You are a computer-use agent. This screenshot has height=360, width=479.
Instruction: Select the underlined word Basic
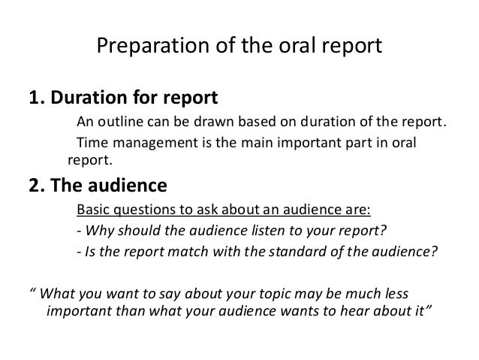pos(93,209)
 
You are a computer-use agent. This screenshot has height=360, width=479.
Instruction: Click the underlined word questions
pos(143,209)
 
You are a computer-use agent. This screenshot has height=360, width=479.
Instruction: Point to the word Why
pos(98,229)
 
